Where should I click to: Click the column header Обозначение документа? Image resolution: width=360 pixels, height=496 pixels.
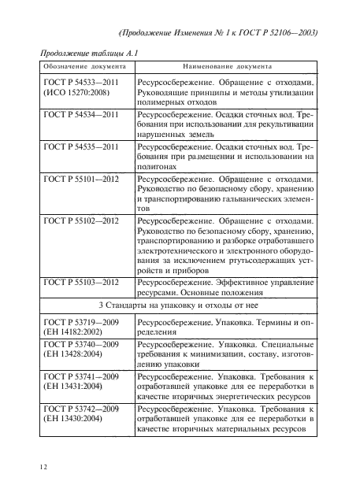77,68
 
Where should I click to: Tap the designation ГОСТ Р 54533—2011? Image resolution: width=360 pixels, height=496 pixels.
81,83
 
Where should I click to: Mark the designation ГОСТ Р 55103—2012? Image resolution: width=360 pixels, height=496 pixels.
81,281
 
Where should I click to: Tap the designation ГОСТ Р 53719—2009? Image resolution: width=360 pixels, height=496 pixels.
81,324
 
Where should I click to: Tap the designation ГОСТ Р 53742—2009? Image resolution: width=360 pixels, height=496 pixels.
81,409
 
